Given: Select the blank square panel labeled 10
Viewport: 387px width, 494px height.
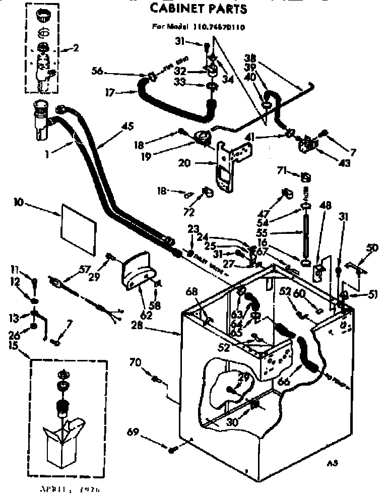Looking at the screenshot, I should [x=78, y=227].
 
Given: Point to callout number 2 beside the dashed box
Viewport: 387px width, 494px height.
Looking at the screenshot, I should [x=76, y=49].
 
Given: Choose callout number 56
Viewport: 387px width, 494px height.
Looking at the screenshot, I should [x=97, y=72].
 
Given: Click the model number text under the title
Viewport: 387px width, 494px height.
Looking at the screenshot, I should [x=198, y=27].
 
